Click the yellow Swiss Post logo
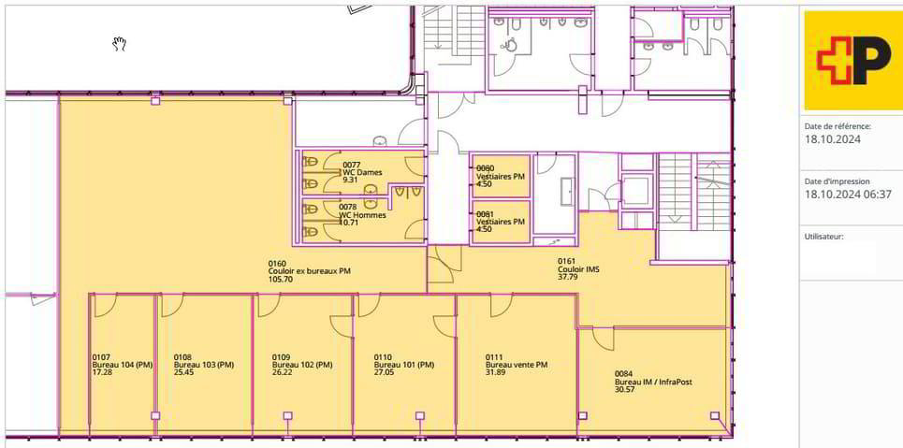852,60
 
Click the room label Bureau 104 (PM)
122,365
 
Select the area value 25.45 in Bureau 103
184,372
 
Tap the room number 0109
281,357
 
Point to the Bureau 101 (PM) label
403,365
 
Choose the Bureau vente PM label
517,365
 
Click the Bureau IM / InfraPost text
653,382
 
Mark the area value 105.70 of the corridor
281,280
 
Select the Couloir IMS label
578,269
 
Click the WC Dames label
362,172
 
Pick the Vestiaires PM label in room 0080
501,177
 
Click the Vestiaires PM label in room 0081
501,221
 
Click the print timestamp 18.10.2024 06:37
848,194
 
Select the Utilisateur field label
824,236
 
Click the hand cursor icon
119,44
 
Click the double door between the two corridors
444,265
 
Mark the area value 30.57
625,390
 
